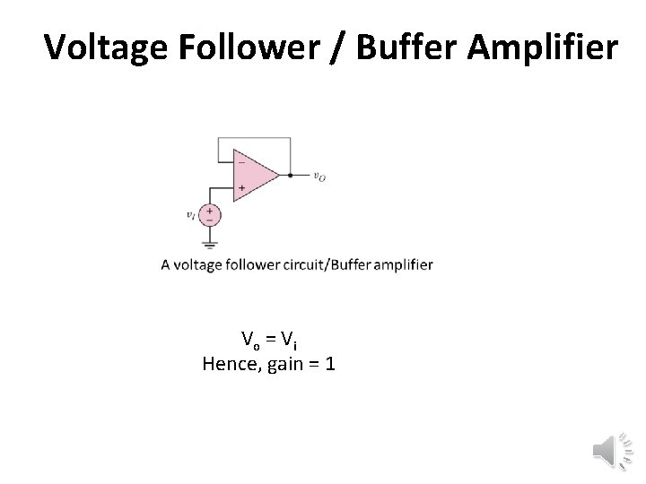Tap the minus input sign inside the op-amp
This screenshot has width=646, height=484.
pyautogui.click(x=240, y=163)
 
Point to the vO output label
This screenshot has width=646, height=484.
pyautogui.click(x=319, y=177)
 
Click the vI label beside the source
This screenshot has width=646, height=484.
pyautogui.click(x=189, y=215)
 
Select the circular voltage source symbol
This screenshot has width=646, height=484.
pyautogui.click(x=209, y=215)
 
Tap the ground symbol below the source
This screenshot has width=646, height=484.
pyautogui.click(x=209, y=243)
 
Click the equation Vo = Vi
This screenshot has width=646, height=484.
pyautogui.click(x=269, y=339)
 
